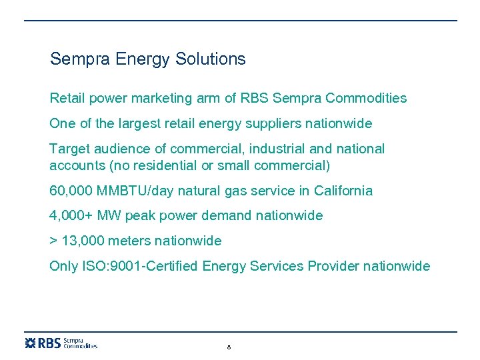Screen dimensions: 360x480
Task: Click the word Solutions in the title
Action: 211,59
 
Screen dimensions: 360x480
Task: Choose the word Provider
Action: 333,267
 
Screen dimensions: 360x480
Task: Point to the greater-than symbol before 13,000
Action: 53,241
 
